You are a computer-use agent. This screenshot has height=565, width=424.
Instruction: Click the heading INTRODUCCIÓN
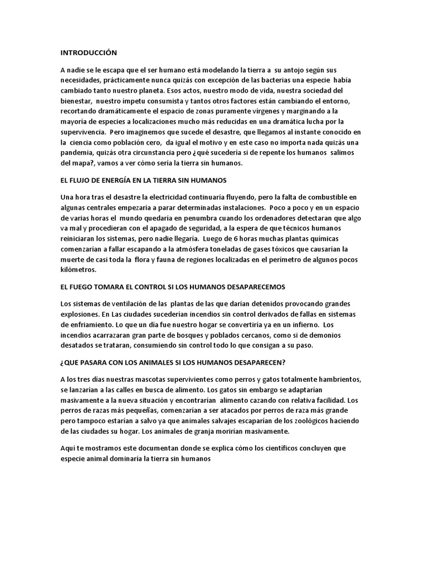[x=89, y=52]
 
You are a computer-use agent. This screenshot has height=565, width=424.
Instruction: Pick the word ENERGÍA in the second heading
[x=128, y=180]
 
